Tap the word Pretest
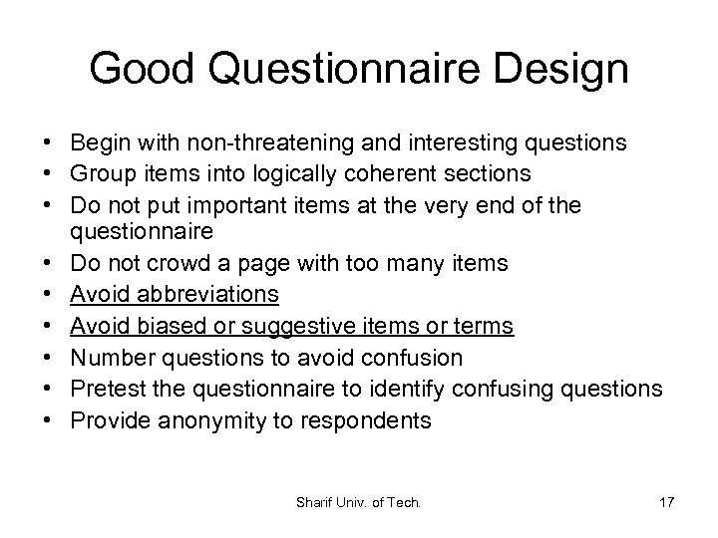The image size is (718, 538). pyautogui.click(x=113, y=389)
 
